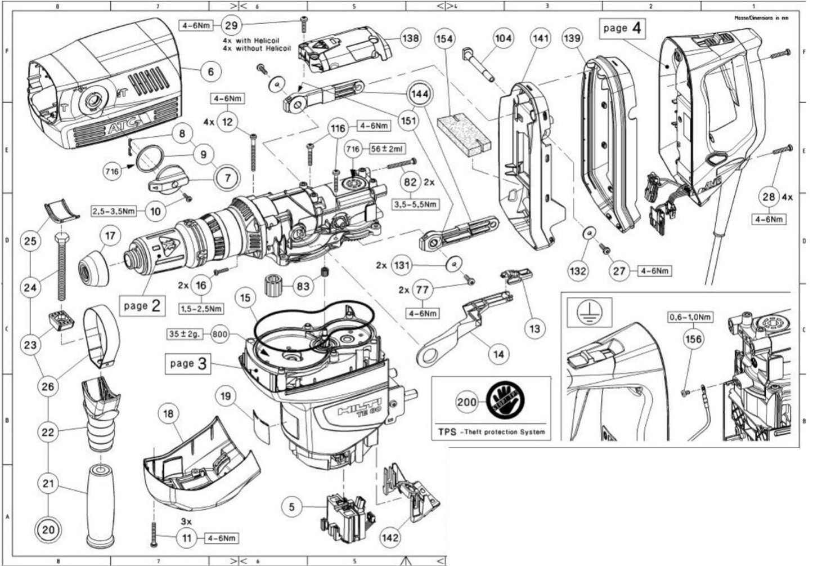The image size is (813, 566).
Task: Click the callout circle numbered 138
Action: (410, 39)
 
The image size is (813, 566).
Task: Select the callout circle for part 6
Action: (210, 72)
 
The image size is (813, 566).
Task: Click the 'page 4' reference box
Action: (623, 28)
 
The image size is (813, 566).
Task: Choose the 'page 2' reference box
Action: (143, 306)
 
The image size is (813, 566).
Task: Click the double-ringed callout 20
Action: (49, 529)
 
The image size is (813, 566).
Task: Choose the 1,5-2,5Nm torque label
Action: (201, 309)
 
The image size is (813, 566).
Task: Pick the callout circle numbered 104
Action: (503, 38)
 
